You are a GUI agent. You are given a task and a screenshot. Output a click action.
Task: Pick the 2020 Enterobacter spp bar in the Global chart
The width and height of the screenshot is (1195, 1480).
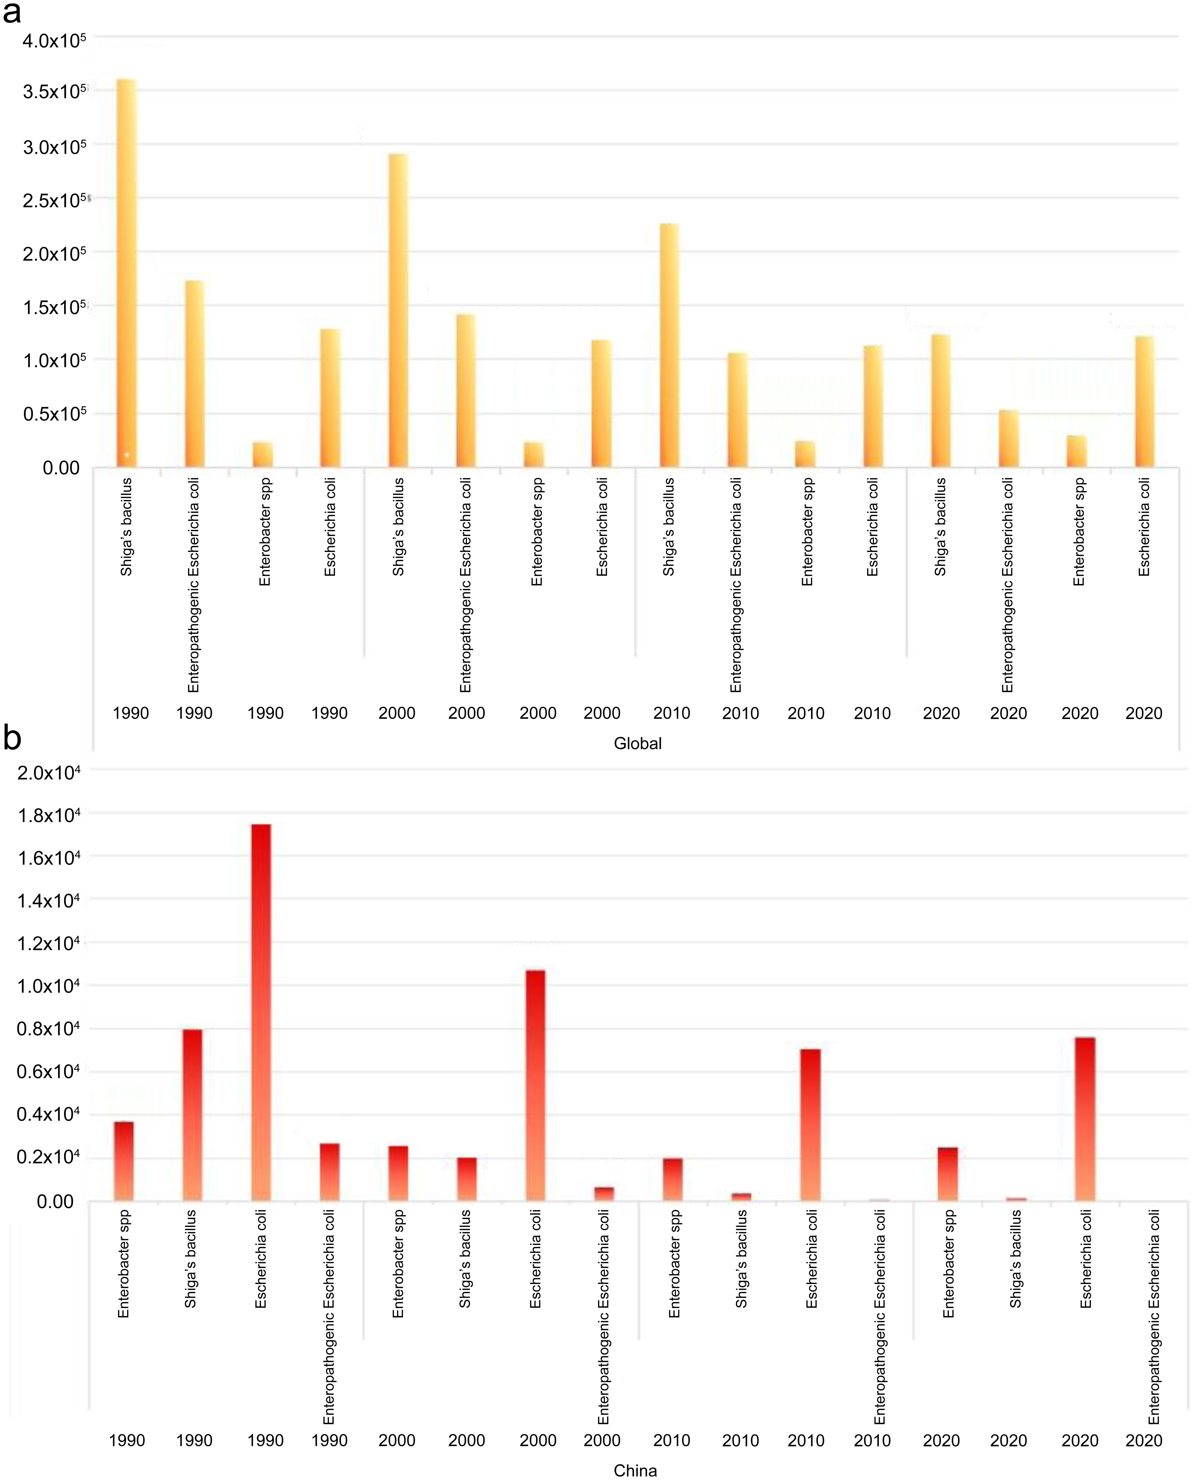point(1077,451)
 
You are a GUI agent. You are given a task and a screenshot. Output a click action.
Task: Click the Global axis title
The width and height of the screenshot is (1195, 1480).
point(637,743)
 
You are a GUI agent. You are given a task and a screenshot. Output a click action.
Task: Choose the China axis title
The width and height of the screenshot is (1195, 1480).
point(635,1470)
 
